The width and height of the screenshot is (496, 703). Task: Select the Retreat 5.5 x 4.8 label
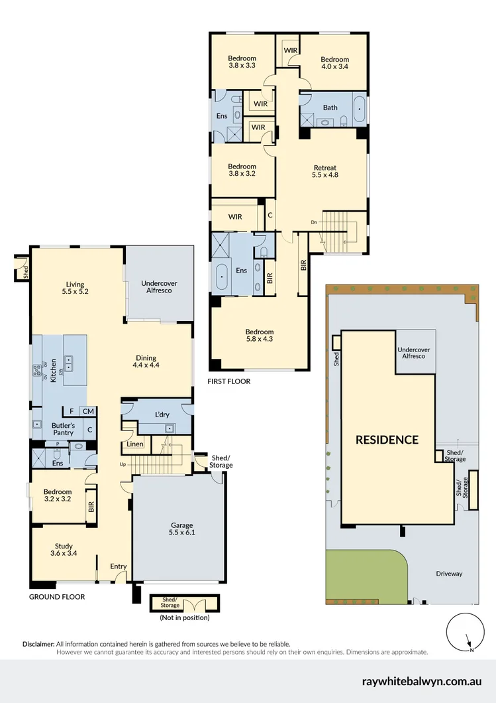(324, 171)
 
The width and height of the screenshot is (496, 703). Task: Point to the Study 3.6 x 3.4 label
(64, 549)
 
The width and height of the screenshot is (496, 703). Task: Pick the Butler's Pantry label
(64, 428)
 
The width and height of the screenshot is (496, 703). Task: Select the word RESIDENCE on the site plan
(387, 439)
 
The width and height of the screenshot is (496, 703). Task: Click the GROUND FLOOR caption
(57, 597)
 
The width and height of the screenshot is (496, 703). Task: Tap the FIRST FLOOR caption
(229, 381)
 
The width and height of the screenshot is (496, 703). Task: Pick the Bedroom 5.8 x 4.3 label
(260, 336)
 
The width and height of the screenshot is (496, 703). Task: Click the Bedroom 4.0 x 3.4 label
(334, 63)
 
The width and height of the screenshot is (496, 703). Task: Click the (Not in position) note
(184, 618)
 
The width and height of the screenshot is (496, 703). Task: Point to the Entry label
(118, 566)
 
